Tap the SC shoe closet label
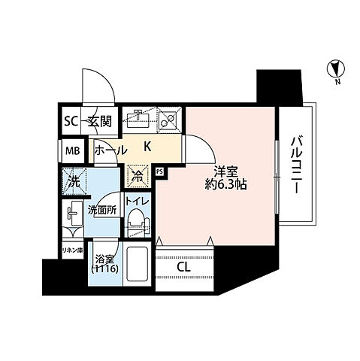click(x=71, y=122)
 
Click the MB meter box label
click(x=73, y=151)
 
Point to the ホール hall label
click(x=111, y=150)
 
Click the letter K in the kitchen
click(x=147, y=147)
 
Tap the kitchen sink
click(x=138, y=119)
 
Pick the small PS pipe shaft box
click(x=159, y=172)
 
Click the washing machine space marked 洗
click(x=74, y=181)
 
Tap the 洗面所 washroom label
click(x=102, y=211)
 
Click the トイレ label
click(x=138, y=201)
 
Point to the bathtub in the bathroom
click(x=137, y=264)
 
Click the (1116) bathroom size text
click(x=104, y=269)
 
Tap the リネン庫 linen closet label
click(x=73, y=250)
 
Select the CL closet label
click(x=183, y=267)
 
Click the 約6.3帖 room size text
click(x=226, y=185)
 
